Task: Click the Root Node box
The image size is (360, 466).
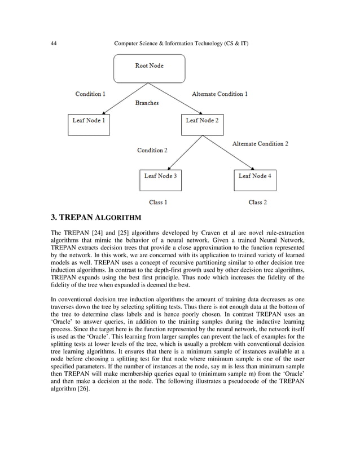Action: click(x=149, y=68)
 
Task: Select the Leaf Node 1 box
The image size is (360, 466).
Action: click(x=89, y=124)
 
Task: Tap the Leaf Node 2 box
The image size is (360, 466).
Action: click(x=202, y=124)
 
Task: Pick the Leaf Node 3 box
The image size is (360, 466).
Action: click(x=161, y=180)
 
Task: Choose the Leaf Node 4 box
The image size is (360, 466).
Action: click(x=255, y=180)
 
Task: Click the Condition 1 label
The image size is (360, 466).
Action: click(x=90, y=94)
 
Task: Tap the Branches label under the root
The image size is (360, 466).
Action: click(x=147, y=103)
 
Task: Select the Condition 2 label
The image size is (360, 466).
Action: click(x=152, y=151)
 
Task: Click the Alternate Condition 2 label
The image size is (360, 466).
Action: click(x=260, y=144)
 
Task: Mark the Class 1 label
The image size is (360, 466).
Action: click(x=158, y=202)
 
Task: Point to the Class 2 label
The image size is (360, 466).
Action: click(x=258, y=202)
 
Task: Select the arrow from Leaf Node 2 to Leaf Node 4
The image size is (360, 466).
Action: click(x=231, y=152)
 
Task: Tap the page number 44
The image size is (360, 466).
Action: click(x=54, y=43)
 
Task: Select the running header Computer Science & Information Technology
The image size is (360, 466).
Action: click(x=181, y=43)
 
